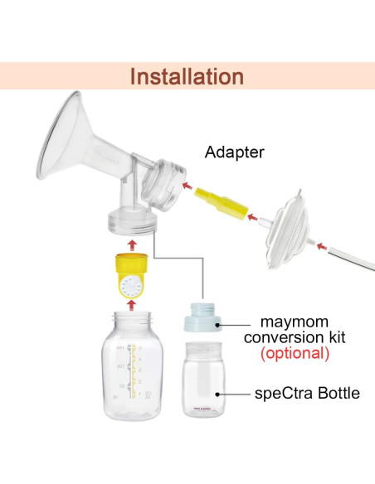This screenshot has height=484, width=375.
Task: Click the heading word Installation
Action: [x=187, y=77]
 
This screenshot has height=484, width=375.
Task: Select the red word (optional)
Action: [x=295, y=353]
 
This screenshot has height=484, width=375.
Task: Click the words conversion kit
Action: [x=295, y=336]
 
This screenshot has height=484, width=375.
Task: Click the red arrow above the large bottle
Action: [x=131, y=305]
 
